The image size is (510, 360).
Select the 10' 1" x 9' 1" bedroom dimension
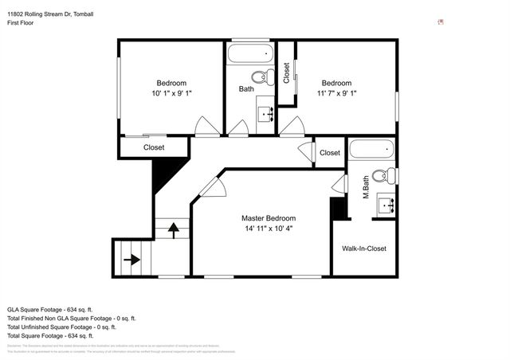point(171,93)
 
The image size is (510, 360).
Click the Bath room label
point(246,89)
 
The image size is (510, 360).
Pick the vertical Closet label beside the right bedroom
point(286,73)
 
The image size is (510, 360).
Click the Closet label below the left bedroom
point(154,147)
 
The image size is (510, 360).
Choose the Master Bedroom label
point(269,218)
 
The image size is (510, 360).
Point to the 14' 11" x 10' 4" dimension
point(269,229)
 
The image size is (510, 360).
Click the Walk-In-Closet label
point(364,248)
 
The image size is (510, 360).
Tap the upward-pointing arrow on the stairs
point(173,229)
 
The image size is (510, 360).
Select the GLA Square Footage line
point(50,309)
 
